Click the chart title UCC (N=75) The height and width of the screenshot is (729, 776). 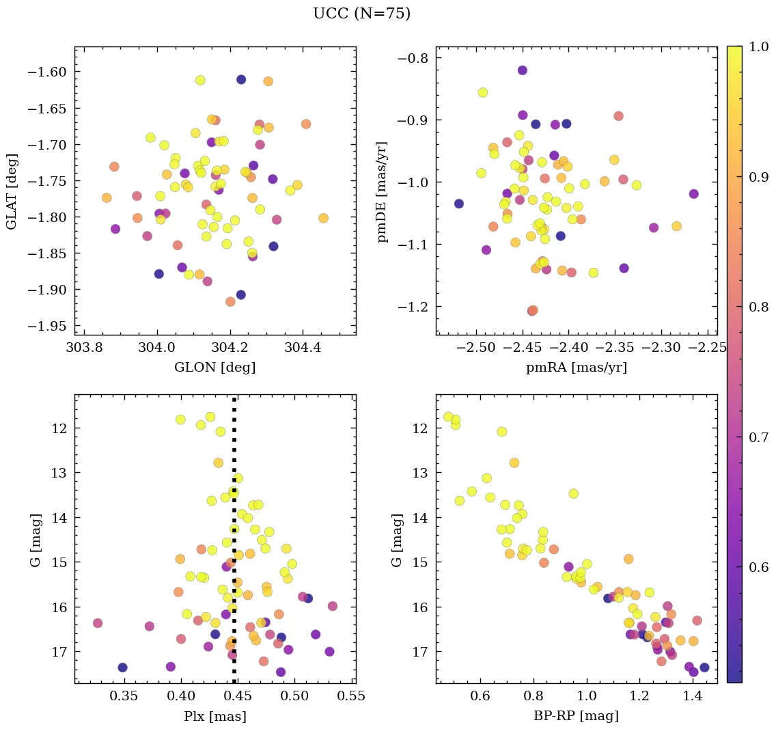(x=361, y=14)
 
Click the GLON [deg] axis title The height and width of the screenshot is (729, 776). (x=215, y=368)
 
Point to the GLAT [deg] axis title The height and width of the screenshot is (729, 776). (x=12, y=191)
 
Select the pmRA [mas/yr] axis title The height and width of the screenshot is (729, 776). (x=577, y=368)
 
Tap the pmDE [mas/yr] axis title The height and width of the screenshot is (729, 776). (x=382, y=191)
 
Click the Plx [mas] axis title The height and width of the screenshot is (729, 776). (x=215, y=717)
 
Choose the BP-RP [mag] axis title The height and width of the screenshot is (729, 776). (x=577, y=717)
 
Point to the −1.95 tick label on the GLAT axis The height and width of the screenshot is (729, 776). (x=47, y=326)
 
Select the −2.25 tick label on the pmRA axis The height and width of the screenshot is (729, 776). (x=709, y=348)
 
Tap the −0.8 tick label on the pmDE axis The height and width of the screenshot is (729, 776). (x=412, y=58)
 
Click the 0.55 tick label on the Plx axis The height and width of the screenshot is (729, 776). (x=353, y=697)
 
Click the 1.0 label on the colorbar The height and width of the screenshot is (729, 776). (x=758, y=47)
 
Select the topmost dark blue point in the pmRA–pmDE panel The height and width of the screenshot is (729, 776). (x=523, y=70)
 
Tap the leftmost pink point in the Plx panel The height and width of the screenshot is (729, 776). (x=98, y=623)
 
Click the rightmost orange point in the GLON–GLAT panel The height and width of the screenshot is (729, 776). (x=323, y=219)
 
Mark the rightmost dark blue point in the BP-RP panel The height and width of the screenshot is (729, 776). (x=704, y=668)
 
